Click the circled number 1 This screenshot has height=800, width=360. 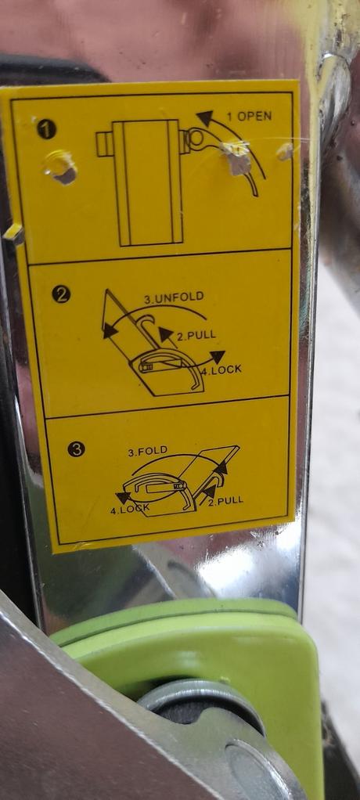click(46, 128)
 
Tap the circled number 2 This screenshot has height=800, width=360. click(60, 294)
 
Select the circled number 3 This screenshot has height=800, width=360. click(77, 449)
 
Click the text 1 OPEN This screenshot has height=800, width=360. click(249, 117)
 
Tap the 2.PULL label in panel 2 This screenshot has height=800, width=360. click(196, 335)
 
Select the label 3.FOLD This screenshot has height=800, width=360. click(147, 451)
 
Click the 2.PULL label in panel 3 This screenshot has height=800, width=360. click(225, 499)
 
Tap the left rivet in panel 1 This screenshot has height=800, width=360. click(61, 167)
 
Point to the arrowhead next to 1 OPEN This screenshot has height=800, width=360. click(205, 118)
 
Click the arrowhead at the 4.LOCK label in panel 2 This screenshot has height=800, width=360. click(218, 357)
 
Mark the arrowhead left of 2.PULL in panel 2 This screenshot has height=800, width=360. click(165, 334)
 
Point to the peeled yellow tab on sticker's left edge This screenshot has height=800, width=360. click(12, 232)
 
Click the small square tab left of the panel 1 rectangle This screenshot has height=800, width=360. click(104, 144)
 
